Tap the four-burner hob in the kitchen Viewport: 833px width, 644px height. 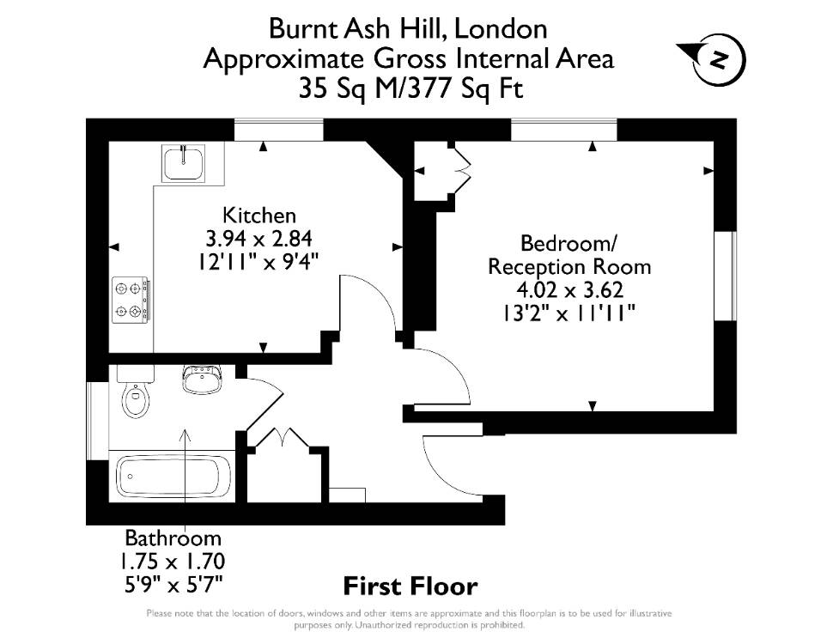click(x=131, y=301)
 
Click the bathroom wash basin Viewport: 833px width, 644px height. click(x=202, y=380)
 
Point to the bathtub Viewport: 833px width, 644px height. click(x=173, y=475)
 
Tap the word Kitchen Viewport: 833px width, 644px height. click(x=259, y=216)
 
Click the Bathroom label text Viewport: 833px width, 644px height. click(x=173, y=538)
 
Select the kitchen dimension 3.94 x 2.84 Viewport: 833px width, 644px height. click(x=258, y=239)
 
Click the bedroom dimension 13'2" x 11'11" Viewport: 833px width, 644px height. click(x=569, y=313)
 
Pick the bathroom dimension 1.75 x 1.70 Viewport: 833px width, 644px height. click(x=172, y=561)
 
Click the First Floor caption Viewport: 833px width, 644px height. click(x=410, y=586)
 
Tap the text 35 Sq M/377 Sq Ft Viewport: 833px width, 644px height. click(x=410, y=88)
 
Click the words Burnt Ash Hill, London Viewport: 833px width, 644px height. click(x=408, y=28)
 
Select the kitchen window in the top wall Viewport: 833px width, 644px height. click(x=279, y=131)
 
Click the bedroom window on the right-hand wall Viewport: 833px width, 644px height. click(x=725, y=276)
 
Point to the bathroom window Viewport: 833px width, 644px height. click(x=97, y=420)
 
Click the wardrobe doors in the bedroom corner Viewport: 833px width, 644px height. click(x=461, y=170)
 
